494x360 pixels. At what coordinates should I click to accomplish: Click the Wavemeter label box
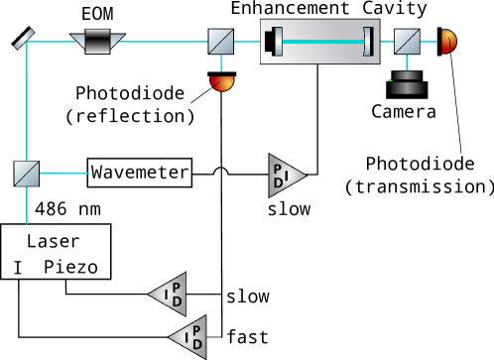pyautogui.click(x=140, y=173)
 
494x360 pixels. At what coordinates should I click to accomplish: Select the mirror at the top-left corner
pyautogui.click(x=23, y=38)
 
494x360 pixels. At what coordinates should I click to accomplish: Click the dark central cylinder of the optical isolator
pyautogui.click(x=97, y=41)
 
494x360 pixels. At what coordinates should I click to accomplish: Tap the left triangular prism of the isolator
pyautogui.click(x=76, y=42)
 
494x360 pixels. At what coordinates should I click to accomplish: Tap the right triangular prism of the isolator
pyautogui.click(x=118, y=42)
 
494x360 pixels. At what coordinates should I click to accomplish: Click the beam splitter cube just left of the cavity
pyautogui.click(x=220, y=41)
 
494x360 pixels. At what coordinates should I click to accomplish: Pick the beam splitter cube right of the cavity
pyautogui.click(x=407, y=41)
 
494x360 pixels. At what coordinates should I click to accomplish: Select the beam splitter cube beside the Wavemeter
pyautogui.click(x=26, y=174)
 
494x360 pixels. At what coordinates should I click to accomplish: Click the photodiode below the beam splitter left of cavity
pyautogui.click(x=222, y=83)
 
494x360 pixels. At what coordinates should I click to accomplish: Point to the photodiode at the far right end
pyautogui.click(x=448, y=42)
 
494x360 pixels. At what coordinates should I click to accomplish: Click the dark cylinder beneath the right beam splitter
pyautogui.click(x=406, y=83)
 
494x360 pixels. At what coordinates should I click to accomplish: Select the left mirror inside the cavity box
pyautogui.click(x=278, y=42)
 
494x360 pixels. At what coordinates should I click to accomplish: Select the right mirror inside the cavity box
pyautogui.click(x=367, y=42)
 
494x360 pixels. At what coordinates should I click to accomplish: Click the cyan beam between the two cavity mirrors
pyautogui.click(x=322, y=42)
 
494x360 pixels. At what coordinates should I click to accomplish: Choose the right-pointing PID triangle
pyautogui.click(x=287, y=177)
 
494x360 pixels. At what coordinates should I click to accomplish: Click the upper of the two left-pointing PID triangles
pyautogui.click(x=168, y=294)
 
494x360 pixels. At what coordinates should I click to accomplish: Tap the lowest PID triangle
pyautogui.click(x=187, y=336)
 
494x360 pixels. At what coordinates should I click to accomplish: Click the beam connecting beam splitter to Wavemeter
pyautogui.click(x=63, y=173)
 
